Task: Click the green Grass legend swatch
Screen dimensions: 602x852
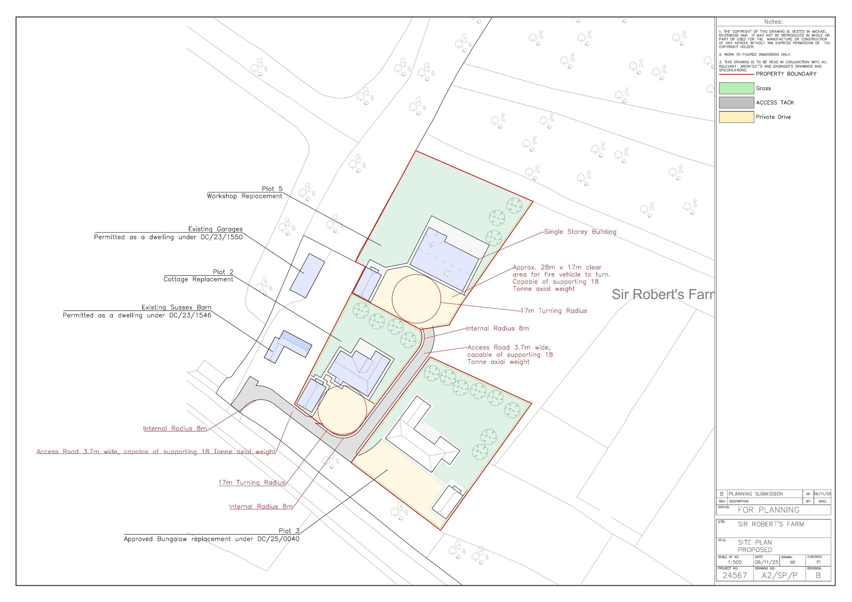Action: click(736, 88)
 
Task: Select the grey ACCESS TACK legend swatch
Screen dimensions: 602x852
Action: click(736, 103)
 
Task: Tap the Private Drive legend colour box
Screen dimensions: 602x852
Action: click(736, 117)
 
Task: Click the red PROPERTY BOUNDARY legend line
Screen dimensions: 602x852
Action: click(736, 74)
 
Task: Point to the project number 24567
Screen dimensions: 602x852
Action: click(734, 575)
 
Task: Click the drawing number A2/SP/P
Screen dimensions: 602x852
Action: click(779, 575)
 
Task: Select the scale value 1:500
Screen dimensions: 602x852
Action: click(734, 562)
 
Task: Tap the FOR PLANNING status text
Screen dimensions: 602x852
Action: click(768, 510)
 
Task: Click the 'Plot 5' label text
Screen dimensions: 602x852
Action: click(272, 189)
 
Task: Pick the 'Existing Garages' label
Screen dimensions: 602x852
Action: click(215, 229)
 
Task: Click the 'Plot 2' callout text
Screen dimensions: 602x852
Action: click(223, 272)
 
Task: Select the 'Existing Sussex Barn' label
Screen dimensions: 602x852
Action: click(176, 307)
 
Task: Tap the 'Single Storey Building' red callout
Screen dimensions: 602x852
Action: click(580, 232)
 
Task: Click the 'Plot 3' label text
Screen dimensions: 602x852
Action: click(289, 531)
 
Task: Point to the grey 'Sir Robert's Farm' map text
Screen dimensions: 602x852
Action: click(662, 295)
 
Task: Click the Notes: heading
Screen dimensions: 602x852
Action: click(773, 22)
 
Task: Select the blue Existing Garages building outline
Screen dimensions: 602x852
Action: click(307, 276)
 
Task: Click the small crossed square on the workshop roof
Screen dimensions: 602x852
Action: click(447, 273)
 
